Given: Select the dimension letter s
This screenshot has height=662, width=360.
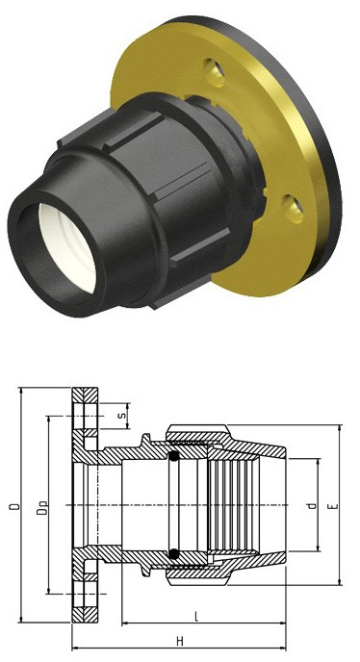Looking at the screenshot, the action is click(x=122, y=415).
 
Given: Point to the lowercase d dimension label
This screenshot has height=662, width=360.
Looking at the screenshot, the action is click(x=312, y=505).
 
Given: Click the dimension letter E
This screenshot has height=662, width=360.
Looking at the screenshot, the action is click(x=335, y=505).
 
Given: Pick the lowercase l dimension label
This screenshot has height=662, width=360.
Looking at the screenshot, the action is click(x=195, y=617).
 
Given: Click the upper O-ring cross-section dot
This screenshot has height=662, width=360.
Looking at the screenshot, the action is click(x=173, y=457).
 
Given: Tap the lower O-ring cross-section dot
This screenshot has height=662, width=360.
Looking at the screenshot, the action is click(x=173, y=553).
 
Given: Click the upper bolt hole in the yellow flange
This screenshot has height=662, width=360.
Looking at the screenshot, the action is click(x=215, y=72).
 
